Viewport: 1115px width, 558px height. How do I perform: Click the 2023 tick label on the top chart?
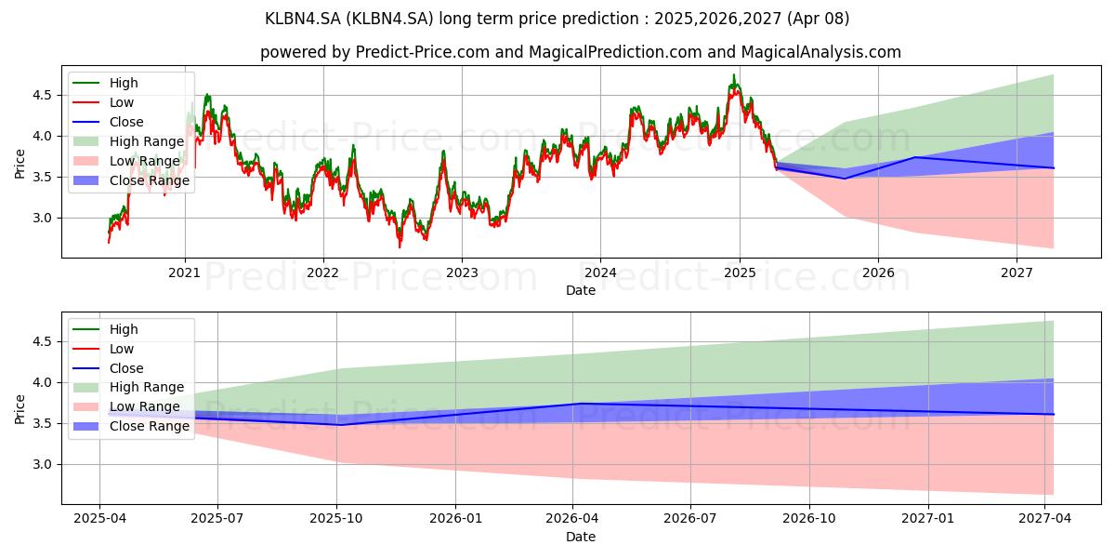point(462,272)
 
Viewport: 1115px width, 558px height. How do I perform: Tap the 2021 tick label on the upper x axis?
point(184,272)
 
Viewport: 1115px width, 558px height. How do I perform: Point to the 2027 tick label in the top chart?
point(1017,272)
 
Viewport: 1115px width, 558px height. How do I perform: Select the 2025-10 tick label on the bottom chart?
point(336,519)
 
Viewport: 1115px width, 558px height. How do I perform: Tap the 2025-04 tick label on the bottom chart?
point(99,519)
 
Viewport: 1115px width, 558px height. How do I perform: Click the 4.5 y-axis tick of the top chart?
point(42,95)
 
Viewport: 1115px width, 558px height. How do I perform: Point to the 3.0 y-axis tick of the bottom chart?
point(42,464)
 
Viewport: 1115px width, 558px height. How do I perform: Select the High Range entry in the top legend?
point(147,141)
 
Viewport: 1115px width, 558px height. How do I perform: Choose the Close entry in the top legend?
point(126,122)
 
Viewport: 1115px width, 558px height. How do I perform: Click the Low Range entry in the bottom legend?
point(145,406)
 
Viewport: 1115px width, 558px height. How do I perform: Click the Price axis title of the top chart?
point(20,164)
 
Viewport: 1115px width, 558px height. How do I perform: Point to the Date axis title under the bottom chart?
point(581,537)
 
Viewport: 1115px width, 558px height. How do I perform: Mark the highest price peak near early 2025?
point(734,75)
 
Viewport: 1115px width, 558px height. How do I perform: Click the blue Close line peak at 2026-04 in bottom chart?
point(580,404)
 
